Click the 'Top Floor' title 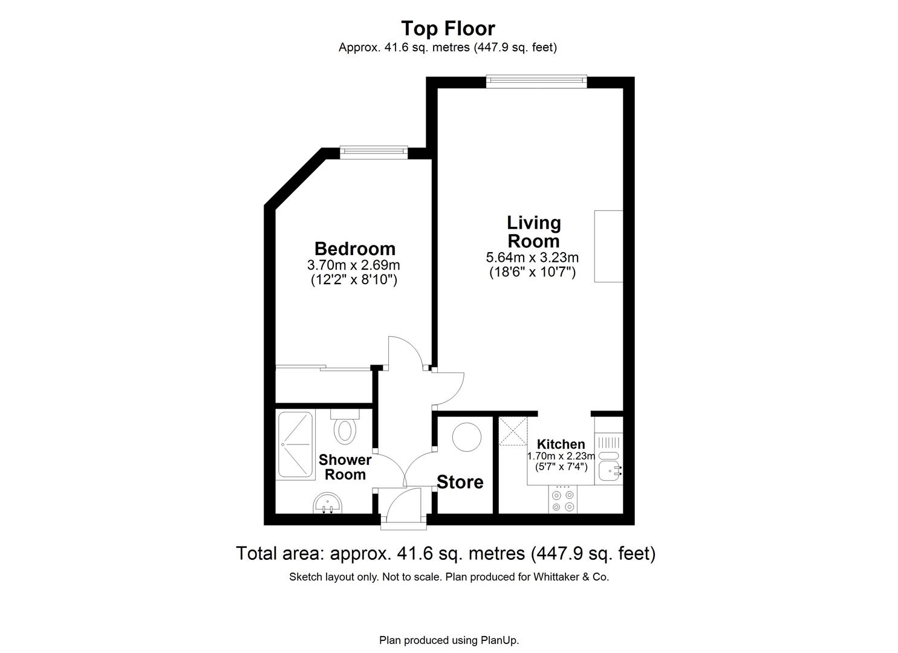coord(448,28)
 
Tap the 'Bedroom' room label coord(354,249)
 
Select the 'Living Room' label coord(533,232)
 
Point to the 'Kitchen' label coord(561,444)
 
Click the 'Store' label coord(460,482)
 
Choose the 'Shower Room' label coord(345,467)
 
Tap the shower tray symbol coord(295,446)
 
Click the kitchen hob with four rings coord(563,501)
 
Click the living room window coord(536,80)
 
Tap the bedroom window coord(373,152)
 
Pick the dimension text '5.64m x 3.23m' coord(532,258)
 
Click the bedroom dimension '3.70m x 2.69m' coord(354,265)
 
